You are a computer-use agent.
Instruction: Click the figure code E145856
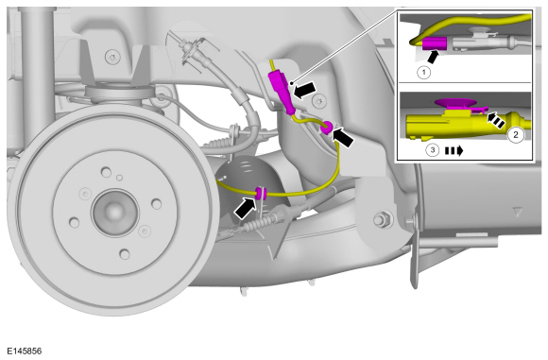(26, 350)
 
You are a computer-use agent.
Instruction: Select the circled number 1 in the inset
(424, 71)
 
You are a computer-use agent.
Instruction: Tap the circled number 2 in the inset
(516, 134)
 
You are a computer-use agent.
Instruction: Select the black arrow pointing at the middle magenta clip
(345, 137)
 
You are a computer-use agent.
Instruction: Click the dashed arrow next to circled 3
(456, 149)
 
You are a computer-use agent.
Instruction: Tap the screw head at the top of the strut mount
(112, 57)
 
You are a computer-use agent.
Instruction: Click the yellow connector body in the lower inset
(444, 124)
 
